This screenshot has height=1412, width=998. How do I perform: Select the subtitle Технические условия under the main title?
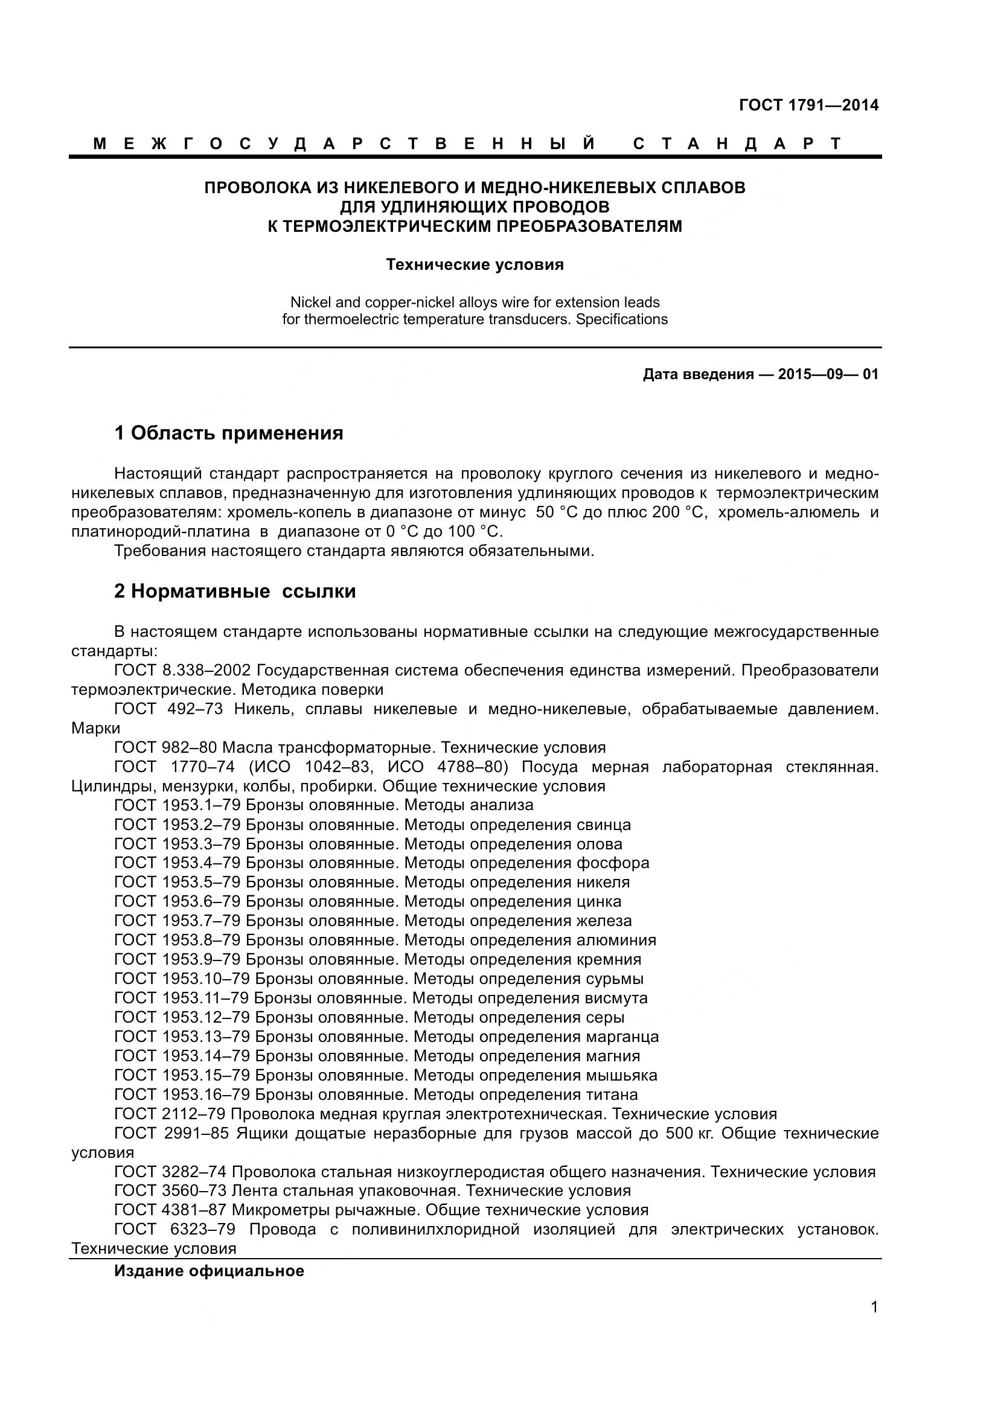(x=475, y=265)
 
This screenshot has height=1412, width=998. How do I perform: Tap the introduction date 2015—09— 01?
(x=828, y=374)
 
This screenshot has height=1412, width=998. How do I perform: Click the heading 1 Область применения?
(x=228, y=433)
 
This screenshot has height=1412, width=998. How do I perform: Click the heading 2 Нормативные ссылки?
(x=235, y=592)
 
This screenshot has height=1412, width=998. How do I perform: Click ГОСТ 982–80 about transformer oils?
(x=165, y=748)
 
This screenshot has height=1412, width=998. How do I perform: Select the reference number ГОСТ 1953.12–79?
(x=182, y=1018)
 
